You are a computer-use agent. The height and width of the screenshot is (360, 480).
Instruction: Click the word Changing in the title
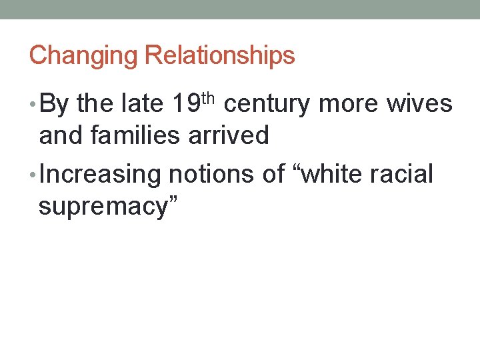83,55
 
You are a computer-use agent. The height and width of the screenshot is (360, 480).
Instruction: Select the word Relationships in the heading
219,55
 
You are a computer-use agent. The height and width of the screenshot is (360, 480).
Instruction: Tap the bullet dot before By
33,105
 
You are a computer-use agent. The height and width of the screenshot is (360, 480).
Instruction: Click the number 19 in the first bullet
185,104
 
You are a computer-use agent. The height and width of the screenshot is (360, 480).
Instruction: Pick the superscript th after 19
208,99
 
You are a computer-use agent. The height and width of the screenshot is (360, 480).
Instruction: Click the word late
144,104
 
